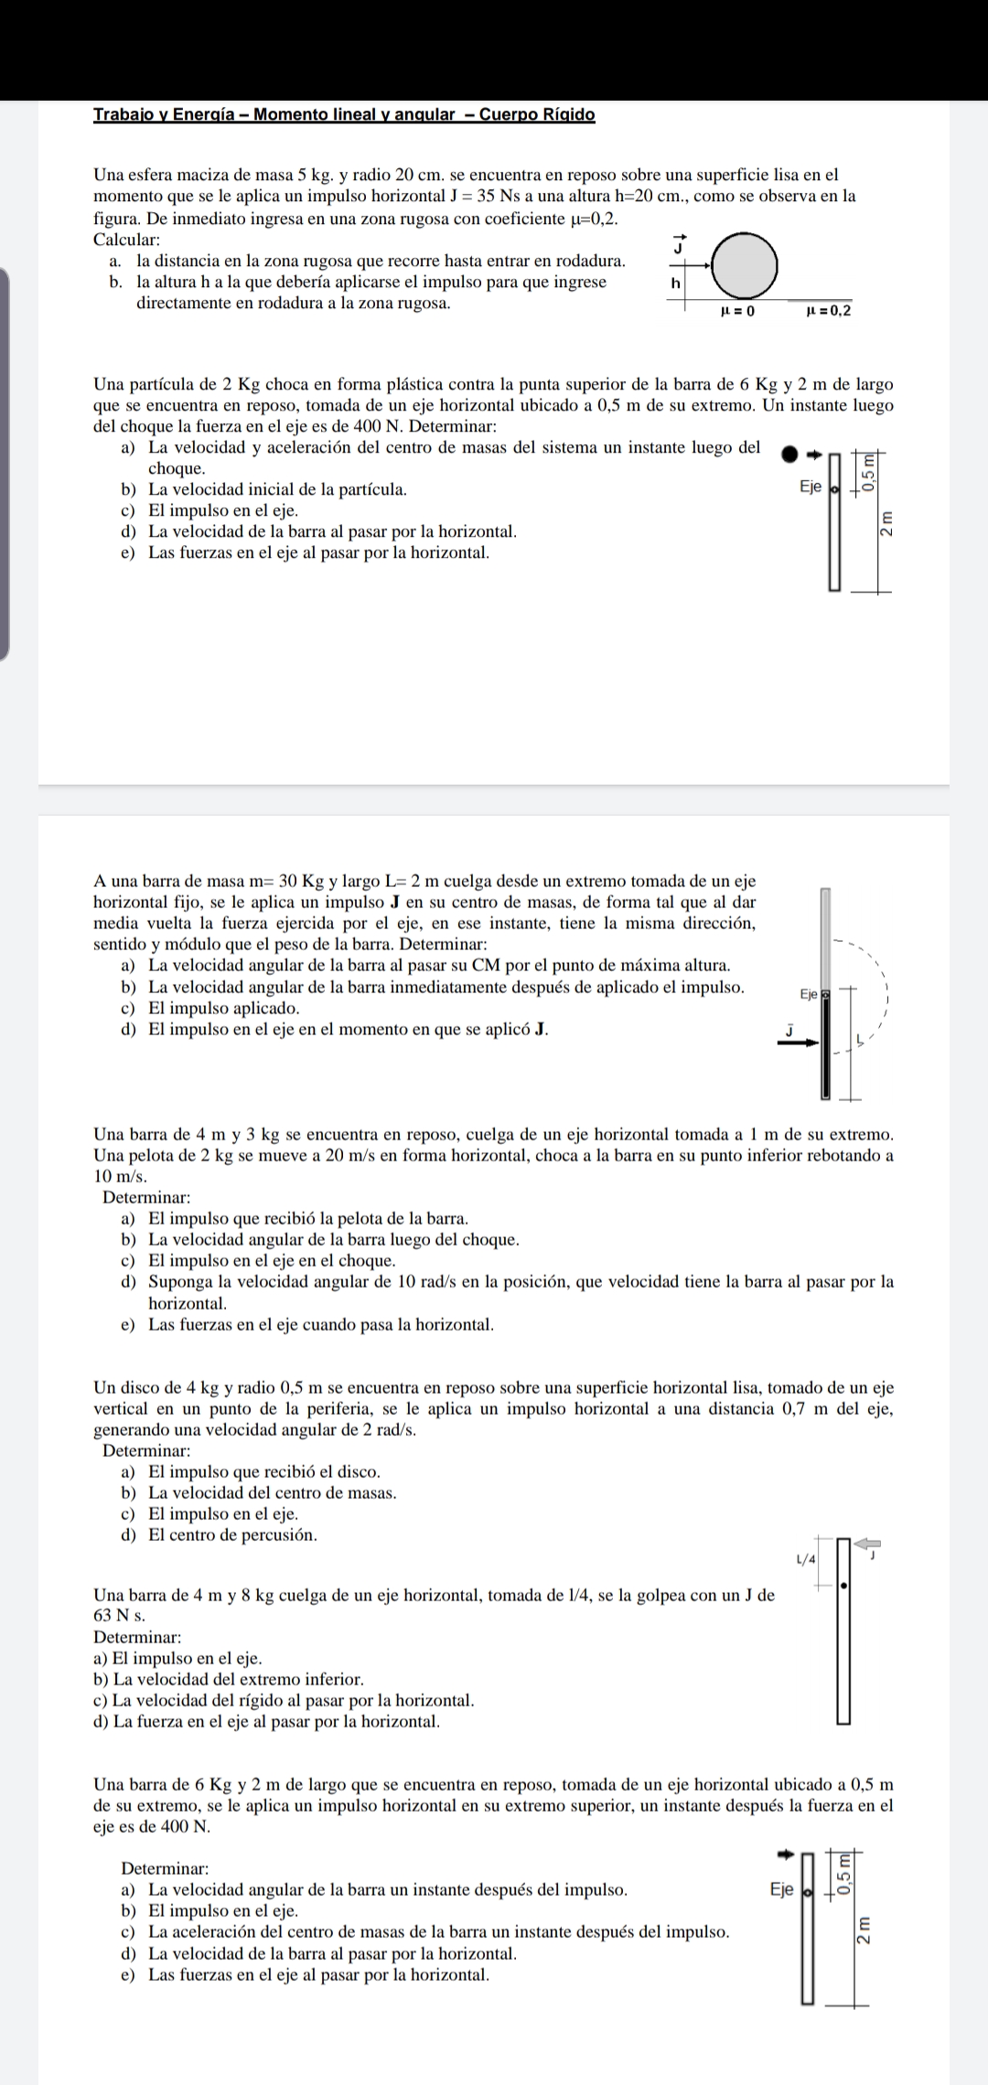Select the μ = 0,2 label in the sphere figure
[x=829, y=311]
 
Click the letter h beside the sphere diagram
[x=676, y=283]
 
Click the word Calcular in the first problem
[x=126, y=240]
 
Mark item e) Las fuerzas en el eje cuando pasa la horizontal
[x=307, y=1324]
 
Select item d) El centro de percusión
[x=220, y=1534]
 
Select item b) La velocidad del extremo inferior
[x=229, y=1679]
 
